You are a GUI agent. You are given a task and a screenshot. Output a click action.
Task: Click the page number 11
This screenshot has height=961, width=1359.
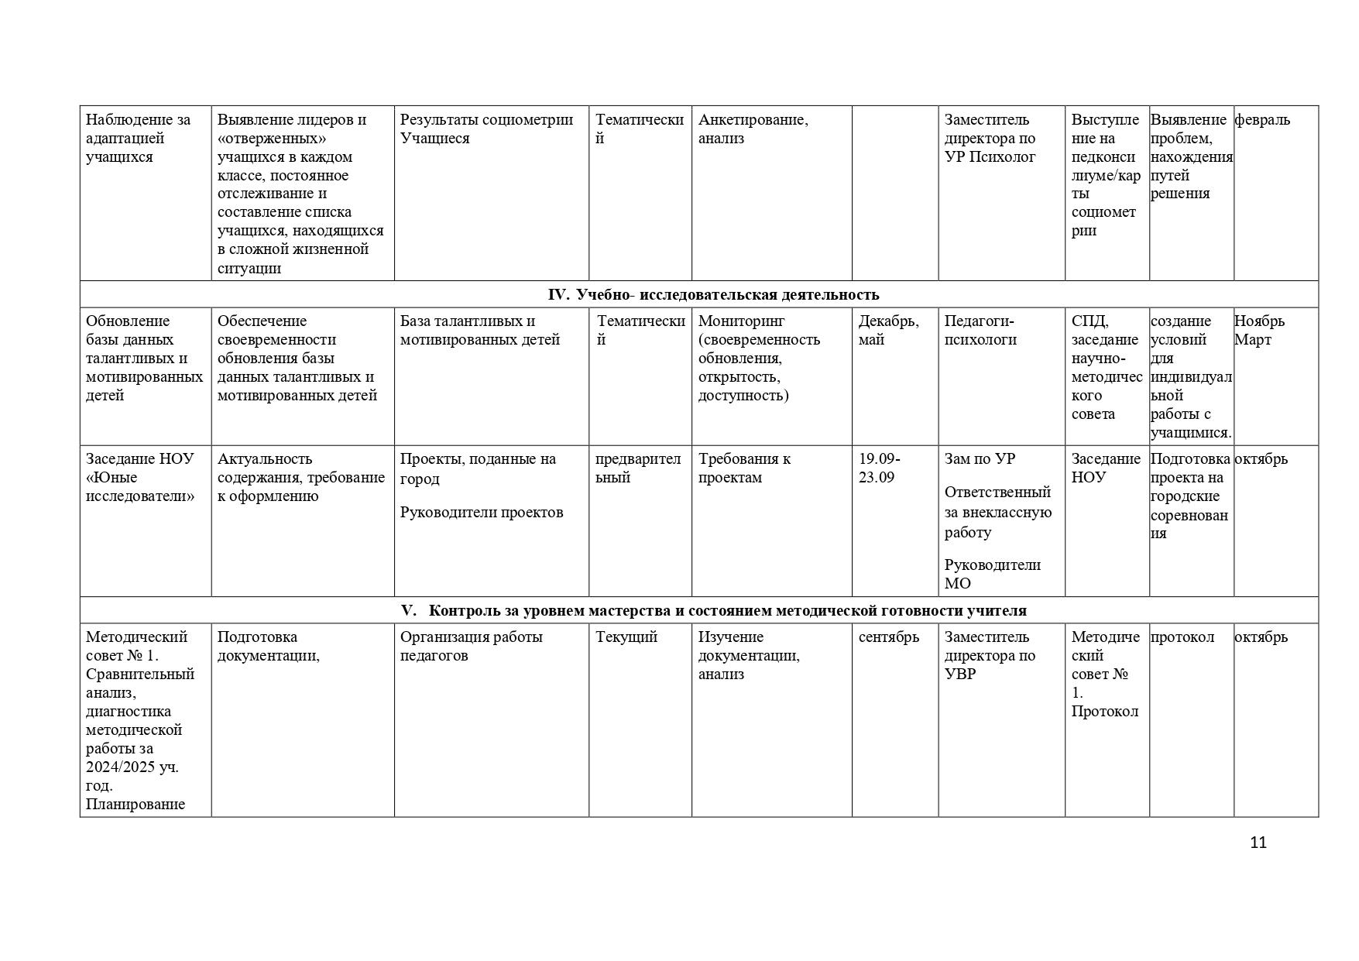click(x=1258, y=843)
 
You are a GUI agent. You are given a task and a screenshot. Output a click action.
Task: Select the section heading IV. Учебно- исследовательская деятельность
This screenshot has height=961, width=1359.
click(x=713, y=294)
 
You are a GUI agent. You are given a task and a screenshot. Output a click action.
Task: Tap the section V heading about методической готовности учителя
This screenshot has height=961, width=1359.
click(x=713, y=610)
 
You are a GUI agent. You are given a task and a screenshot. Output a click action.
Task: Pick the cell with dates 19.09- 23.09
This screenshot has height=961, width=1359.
click(x=879, y=468)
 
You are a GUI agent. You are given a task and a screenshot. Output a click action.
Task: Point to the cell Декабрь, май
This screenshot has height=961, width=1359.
click(x=888, y=330)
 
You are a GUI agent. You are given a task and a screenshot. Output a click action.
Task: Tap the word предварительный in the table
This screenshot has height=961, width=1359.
click(x=638, y=468)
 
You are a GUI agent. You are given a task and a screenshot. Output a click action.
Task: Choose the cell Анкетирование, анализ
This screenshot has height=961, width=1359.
click(x=753, y=129)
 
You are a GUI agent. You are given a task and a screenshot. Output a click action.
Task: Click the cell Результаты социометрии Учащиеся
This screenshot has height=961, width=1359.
click(x=486, y=129)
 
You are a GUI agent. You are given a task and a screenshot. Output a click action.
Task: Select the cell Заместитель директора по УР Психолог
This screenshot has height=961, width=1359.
click(x=990, y=138)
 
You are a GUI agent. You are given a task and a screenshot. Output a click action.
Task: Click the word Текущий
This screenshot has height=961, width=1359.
click(x=626, y=637)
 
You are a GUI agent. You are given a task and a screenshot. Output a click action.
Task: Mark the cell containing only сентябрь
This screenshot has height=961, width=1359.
click(x=888, y=637)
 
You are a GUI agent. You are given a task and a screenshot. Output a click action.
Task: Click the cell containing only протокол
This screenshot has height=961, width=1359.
click(x=1182, y=637)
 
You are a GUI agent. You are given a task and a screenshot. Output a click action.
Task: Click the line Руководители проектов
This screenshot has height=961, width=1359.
click(x=481, y=512)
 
